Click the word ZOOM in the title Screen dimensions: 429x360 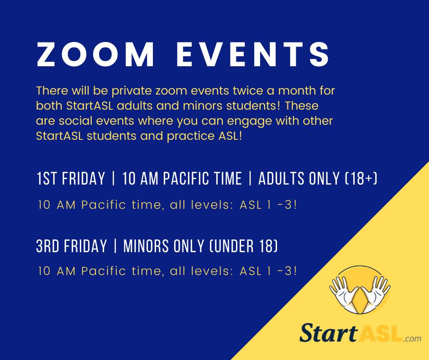95,54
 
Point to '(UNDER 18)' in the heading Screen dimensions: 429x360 244,246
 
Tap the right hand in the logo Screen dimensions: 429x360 375,293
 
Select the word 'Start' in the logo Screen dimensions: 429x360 328,333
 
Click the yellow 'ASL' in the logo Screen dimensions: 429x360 380,333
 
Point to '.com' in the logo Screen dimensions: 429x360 413,339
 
